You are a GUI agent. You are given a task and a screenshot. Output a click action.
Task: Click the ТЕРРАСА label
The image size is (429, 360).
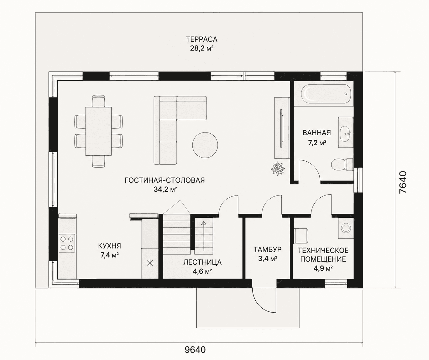pos(201,39)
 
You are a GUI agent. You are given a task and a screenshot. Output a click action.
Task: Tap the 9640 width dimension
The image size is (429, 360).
pos(195,350)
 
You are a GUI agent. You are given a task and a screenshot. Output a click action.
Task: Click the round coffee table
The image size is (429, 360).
pos(205,145)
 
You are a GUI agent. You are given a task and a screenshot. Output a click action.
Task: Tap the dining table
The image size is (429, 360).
pos(99,131)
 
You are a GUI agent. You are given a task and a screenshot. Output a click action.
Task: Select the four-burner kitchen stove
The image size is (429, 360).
pos(67,243)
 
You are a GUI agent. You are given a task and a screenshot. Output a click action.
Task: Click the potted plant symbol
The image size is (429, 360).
pos(278,169)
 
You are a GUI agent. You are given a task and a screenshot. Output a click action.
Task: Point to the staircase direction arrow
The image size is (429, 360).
pos(204,236)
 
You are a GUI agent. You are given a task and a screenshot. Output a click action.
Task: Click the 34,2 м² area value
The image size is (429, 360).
pos(165,189)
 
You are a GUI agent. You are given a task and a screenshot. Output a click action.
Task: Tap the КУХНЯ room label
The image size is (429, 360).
pos(109,246)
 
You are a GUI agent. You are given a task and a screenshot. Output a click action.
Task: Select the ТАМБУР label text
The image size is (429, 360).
pos(267,249)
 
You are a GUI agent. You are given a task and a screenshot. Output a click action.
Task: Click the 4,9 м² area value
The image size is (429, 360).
pos(323,269)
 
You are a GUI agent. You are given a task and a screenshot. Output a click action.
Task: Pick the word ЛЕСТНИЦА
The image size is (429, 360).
pos(202,262)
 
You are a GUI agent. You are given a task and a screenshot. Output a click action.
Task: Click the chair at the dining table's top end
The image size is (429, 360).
pos(99,101)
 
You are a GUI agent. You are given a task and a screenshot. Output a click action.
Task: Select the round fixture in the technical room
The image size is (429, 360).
pos(346,228)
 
